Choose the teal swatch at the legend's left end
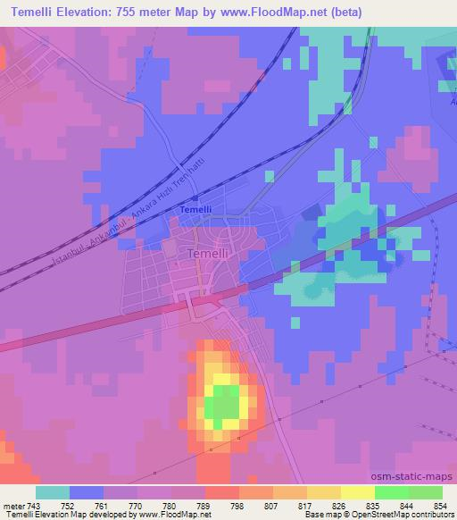[x=53, y=492]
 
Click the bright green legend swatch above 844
[x=392, y=492]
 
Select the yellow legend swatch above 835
[x=358, y=492]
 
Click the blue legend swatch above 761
[x=87, y=492]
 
